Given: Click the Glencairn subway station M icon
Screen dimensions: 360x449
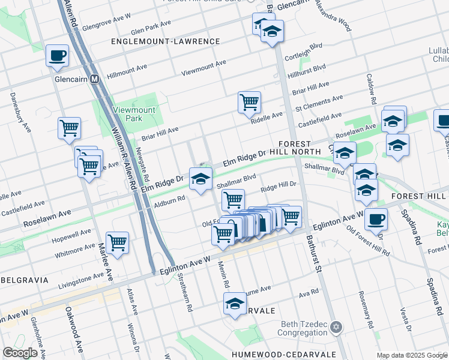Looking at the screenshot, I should pos(94,79).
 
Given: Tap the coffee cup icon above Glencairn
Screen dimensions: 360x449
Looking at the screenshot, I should pos(57,56).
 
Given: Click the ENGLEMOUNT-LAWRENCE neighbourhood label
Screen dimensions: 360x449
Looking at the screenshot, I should pos(166,41).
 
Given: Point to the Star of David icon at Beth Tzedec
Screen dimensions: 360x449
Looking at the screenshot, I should pos(336,327).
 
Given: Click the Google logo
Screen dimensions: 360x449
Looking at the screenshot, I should pos(20,353).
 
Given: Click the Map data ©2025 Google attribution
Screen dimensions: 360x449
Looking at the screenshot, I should pos(411,355).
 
